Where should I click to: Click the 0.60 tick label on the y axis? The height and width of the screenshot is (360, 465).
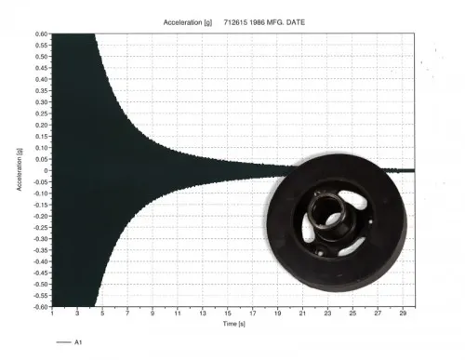click(x=42, y=33)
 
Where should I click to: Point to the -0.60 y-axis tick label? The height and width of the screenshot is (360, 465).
click(x=41, y=307)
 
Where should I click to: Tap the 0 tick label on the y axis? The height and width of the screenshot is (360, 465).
click(x=46, y=170)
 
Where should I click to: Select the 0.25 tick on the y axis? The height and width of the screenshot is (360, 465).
click(x=42, y=113)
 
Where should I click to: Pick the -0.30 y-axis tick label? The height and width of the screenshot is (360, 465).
click(x=41, y=239)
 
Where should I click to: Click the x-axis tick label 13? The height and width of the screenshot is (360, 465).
click(x=203, y=313)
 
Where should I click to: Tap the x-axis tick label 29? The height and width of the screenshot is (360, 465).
click(x=403, y=313)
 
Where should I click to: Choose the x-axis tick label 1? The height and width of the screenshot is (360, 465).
click(x=52, y=313)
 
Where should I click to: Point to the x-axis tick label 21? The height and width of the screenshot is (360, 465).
click(x=302, y=313)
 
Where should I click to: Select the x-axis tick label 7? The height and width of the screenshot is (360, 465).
click(x=127, y=313)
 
